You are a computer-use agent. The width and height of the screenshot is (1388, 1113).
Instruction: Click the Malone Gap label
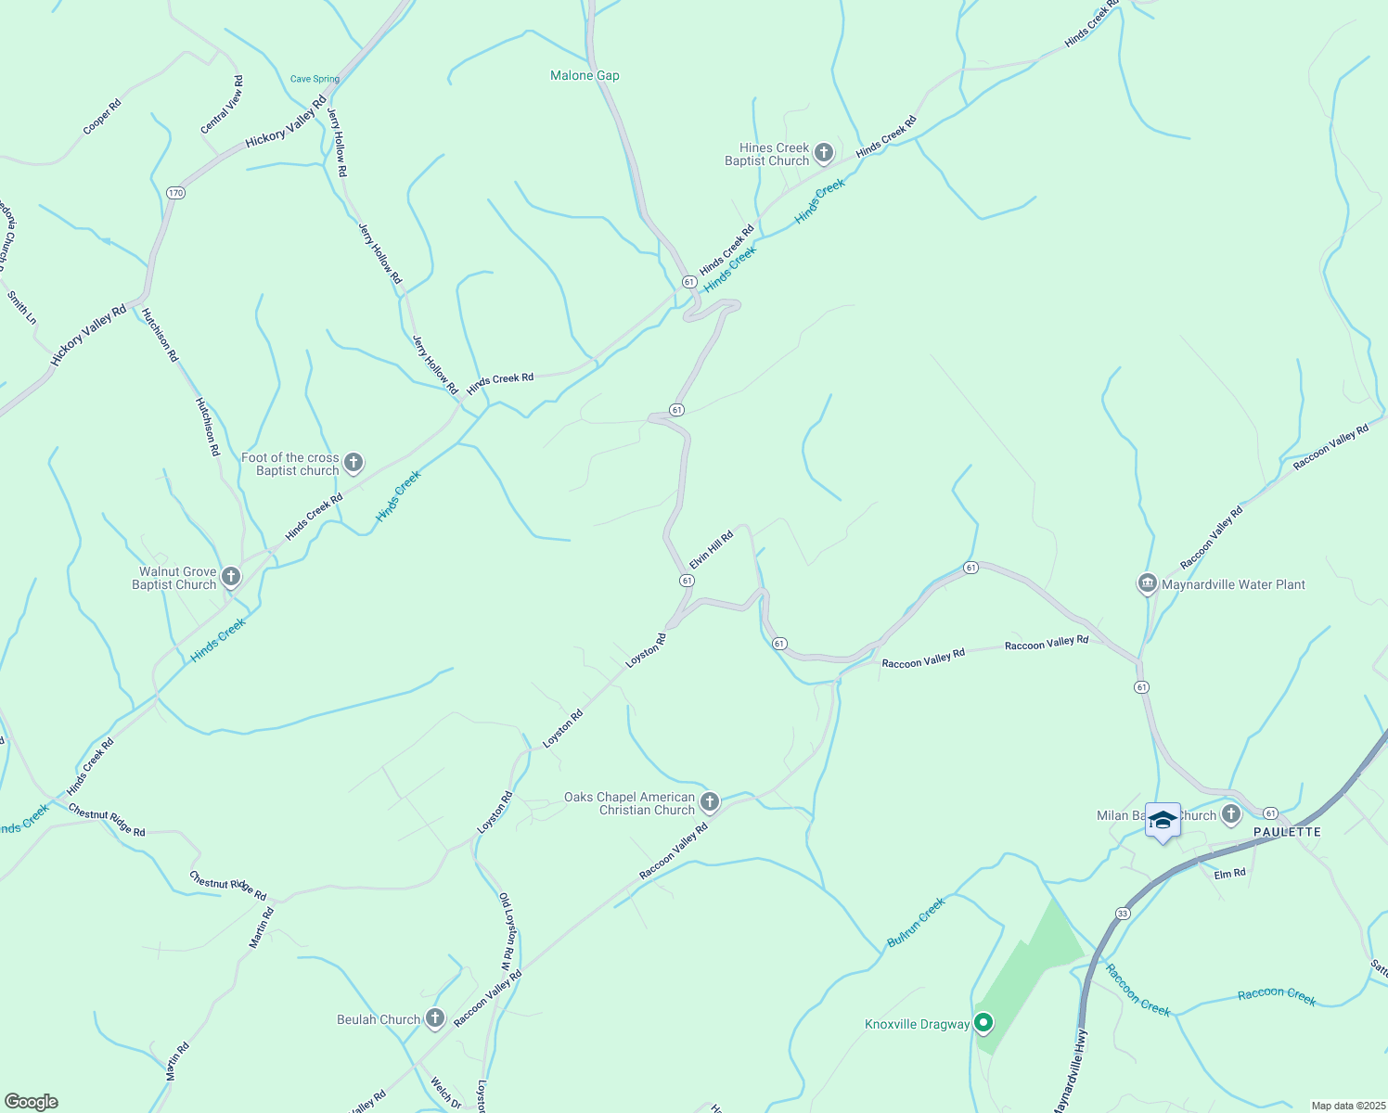click(585, 76)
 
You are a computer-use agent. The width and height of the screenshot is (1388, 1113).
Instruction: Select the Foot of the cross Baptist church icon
click(353, 463)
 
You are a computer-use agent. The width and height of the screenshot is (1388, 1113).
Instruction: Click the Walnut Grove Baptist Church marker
click(231, 578)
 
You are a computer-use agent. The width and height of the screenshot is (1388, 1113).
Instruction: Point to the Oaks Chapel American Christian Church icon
click(710, 802)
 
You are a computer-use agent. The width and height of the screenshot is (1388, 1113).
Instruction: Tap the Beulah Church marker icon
click(434, 1018)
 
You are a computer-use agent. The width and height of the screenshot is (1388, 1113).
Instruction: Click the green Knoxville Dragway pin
click(983, 1023)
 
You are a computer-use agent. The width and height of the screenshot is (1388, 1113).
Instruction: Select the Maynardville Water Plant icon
click(1147, 584)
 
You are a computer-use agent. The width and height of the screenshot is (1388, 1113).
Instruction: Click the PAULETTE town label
click(1287, 832)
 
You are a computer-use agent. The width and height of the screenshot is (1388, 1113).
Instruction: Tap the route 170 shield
click(176, 193)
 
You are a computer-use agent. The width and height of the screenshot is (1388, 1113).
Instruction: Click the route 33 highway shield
click(1123, 914)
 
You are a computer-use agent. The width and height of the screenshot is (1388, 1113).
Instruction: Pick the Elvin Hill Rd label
click(712, 550)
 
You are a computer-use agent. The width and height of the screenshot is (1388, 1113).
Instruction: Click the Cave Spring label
click(315, 79)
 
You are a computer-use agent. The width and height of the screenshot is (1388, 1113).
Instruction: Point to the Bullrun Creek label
click(916, 922)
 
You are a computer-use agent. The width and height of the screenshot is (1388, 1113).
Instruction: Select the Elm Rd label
click(1229, 873)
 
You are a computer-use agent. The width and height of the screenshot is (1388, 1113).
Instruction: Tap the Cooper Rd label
click(102, 117)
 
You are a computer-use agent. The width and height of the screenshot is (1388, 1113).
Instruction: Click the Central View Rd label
click(223, 105)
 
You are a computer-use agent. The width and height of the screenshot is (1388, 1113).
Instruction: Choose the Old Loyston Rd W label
click(508, 931)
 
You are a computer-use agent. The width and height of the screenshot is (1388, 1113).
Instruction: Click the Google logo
click(31, 1102)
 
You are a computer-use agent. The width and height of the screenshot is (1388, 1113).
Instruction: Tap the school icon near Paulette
click(1163, 821)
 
